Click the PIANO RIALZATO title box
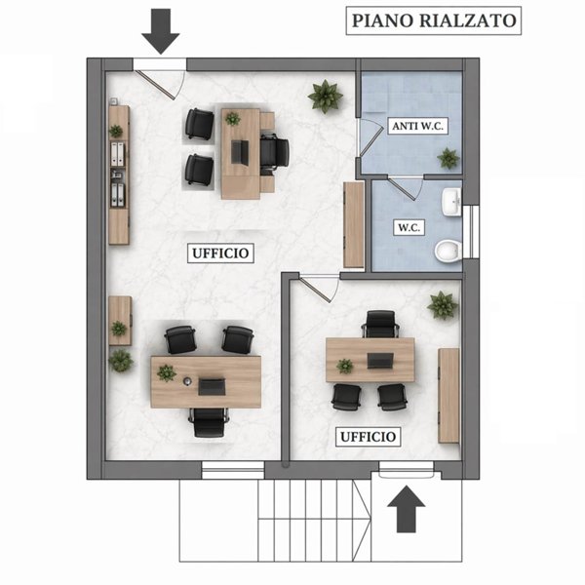(433, 20)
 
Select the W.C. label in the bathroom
(408, 228)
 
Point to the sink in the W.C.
(452, 202)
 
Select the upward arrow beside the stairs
(408, 509)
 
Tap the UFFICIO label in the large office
(219, 253)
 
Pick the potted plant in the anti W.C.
(448, 158)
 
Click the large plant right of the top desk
(326, 96)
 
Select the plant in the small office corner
(442, 305)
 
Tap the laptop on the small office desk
(378, 362)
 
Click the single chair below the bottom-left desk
(209, 421)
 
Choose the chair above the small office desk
(379, 324)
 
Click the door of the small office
(319, 285)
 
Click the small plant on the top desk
(232, 119)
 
